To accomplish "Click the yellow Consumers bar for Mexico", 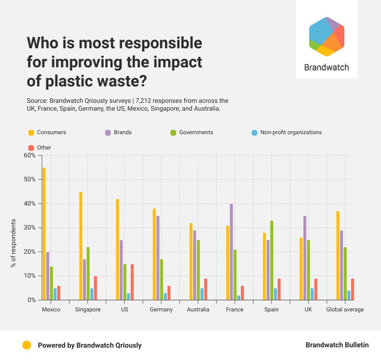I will pyautogui.click(x=44, y=234).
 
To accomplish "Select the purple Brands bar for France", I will pyautogui.click(x=231, y=252).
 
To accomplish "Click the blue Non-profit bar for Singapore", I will pyautogui.click(x=92, y=294).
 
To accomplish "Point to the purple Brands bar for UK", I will pyautogui.click(x=305, y=258).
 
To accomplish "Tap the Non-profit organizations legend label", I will pyautogui.click(x=291, y=132).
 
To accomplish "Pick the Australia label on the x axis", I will pyautogui.click(x=198, y=310).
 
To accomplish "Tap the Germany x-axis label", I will pyautogui.click(x=161, y=310).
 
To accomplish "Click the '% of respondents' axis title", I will pyautogui.click(x=13, y=243).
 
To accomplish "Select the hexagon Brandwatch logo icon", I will pyautogui.click(x=326, y=37).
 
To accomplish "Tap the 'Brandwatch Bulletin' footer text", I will pyautogui.click(x=337, y=345).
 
